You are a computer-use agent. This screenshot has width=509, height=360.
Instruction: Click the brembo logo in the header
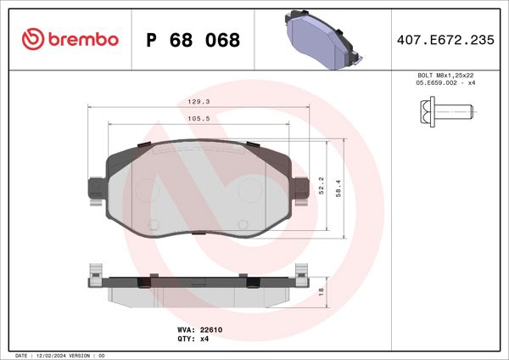pyautogui.click(x=70, y=40)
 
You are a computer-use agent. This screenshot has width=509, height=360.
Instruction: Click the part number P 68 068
pyautogui.click(x=193, y=40)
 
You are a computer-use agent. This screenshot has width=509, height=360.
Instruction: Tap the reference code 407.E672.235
pyautogui.click(x=445, y=40)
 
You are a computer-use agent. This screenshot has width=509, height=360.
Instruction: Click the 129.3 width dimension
pyautogui.click(x=199, y=101)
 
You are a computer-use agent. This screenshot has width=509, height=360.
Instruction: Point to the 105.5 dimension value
pyautogui.click(x=199, y=120)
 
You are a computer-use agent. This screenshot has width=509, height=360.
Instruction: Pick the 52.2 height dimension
pyautogui.click(x=321, y=184)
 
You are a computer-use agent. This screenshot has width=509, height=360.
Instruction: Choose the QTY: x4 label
pyautogui.click(x=193, y=338)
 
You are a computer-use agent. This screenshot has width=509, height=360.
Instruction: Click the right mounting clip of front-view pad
pyautogui.click(x=301, y=190)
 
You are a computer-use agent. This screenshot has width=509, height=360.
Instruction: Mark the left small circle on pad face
pyautogui.click(x=154, y=224)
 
